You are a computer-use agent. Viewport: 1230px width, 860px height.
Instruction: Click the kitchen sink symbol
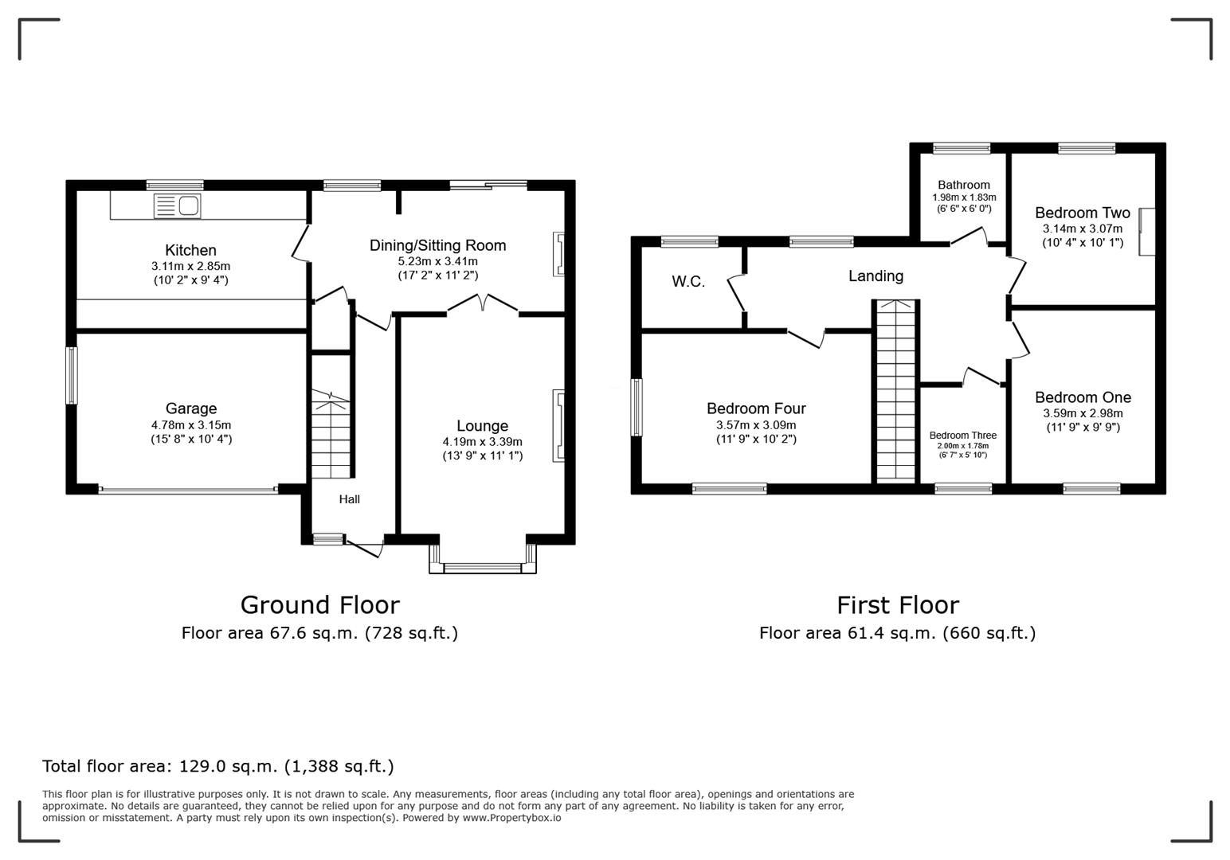[x=177, y=206]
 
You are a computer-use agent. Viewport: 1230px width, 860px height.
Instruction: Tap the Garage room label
[x=191, y=408]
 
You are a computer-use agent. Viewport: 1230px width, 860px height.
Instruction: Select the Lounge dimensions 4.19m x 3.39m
[x=483, y=442]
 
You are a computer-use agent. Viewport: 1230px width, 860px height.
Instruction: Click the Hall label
[x=350, y=499]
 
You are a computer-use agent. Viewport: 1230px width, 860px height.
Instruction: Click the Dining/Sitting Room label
[x=437, y=245]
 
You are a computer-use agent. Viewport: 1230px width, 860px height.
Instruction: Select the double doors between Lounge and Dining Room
[x=483, y=305]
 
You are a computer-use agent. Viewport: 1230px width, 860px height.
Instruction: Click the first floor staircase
[x=896, y=390]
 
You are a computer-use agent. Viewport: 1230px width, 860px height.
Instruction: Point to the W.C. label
[x=688, y=282]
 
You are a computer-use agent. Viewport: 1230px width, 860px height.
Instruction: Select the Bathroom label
[x=964, y=185]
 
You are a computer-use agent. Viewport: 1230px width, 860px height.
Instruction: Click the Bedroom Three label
[x=963, y=436]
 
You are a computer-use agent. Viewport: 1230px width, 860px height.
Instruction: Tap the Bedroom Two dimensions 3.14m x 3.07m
[x=1083, y=229]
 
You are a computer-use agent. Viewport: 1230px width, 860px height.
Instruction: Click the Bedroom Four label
[x=756, y=408]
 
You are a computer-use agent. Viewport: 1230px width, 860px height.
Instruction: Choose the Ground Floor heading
[x=319, y=605]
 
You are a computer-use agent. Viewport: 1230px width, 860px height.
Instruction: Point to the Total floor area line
[x=217, y=766]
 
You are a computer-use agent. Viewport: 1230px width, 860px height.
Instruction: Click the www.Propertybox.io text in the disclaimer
[x=511, y=818]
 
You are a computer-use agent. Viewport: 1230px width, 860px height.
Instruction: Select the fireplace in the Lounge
[x=559, y=425]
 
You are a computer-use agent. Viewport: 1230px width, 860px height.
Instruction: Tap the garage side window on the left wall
[x=72, y=375]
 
